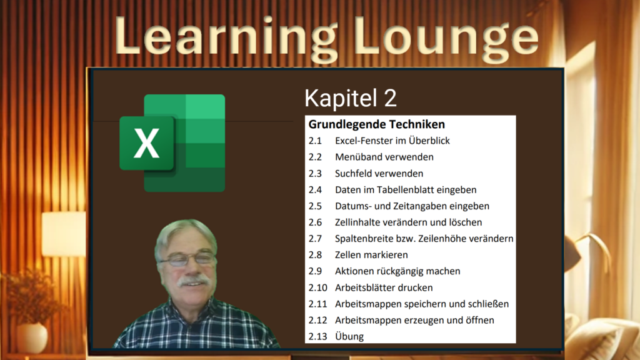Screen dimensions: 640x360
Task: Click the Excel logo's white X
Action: coord(146,143)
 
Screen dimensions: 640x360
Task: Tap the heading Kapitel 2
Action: coord(350,98)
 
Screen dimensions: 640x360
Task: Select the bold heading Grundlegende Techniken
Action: coord(376,124)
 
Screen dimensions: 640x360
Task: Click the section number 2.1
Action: coord(315,141)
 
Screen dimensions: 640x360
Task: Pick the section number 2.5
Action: coord(315,206)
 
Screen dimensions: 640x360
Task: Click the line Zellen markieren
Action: coord(371,255)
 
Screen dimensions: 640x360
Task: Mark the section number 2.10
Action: coord(318,287)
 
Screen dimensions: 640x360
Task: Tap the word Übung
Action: coord(349,336)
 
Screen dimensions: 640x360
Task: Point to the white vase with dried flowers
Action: coord(32,337)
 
